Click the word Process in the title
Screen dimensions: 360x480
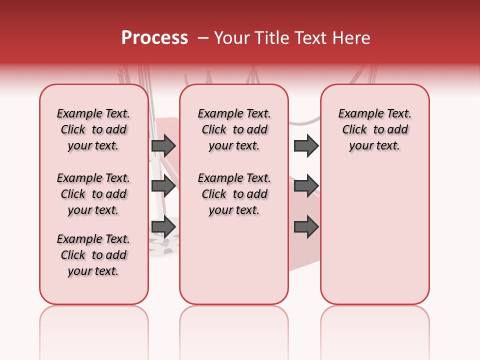(154, 38)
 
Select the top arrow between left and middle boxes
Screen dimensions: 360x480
(163, 145)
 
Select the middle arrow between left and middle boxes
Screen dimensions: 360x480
(163, 186)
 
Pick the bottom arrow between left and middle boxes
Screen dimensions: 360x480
(163, 226)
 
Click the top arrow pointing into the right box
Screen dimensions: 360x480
(306, 145)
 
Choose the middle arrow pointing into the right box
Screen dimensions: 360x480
(306, 186)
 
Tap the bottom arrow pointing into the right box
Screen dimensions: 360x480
(306, 226)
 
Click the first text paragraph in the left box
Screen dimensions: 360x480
(93, 129)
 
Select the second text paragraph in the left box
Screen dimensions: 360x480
(93, 194)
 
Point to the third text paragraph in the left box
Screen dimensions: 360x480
(93, 255)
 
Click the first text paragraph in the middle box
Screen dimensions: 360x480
(234, 129)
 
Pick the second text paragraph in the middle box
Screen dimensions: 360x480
(234, 194)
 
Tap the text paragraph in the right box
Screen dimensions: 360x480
(375, 129)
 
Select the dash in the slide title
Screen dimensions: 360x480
(203, 38)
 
